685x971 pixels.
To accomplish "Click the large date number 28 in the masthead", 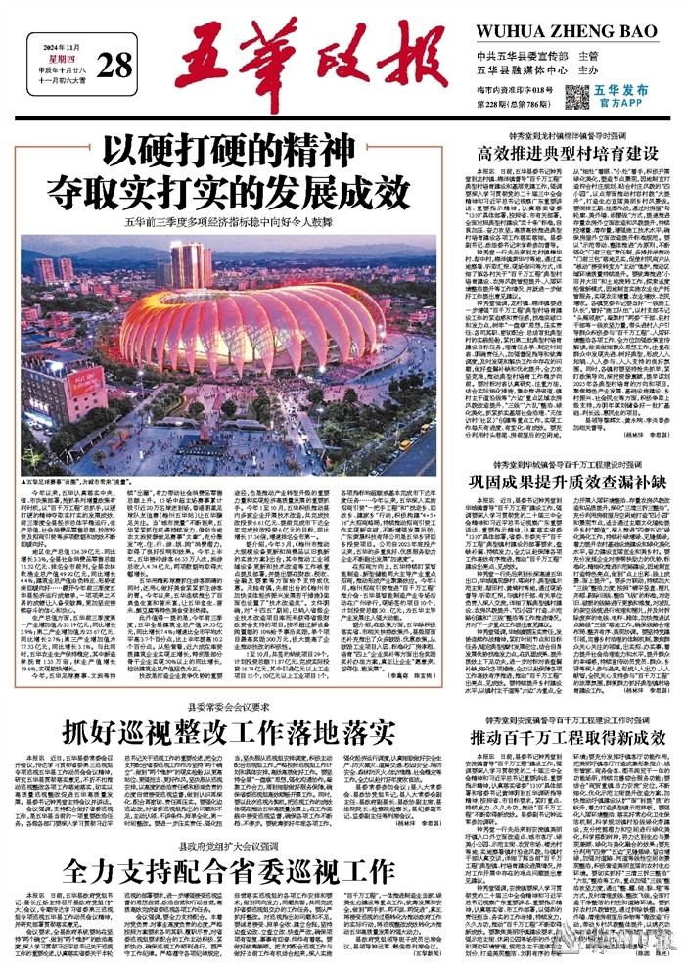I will click(114, 66).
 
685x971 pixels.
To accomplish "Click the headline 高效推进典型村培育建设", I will click(566, 152).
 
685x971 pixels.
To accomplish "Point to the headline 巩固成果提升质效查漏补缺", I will click(566, 481).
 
